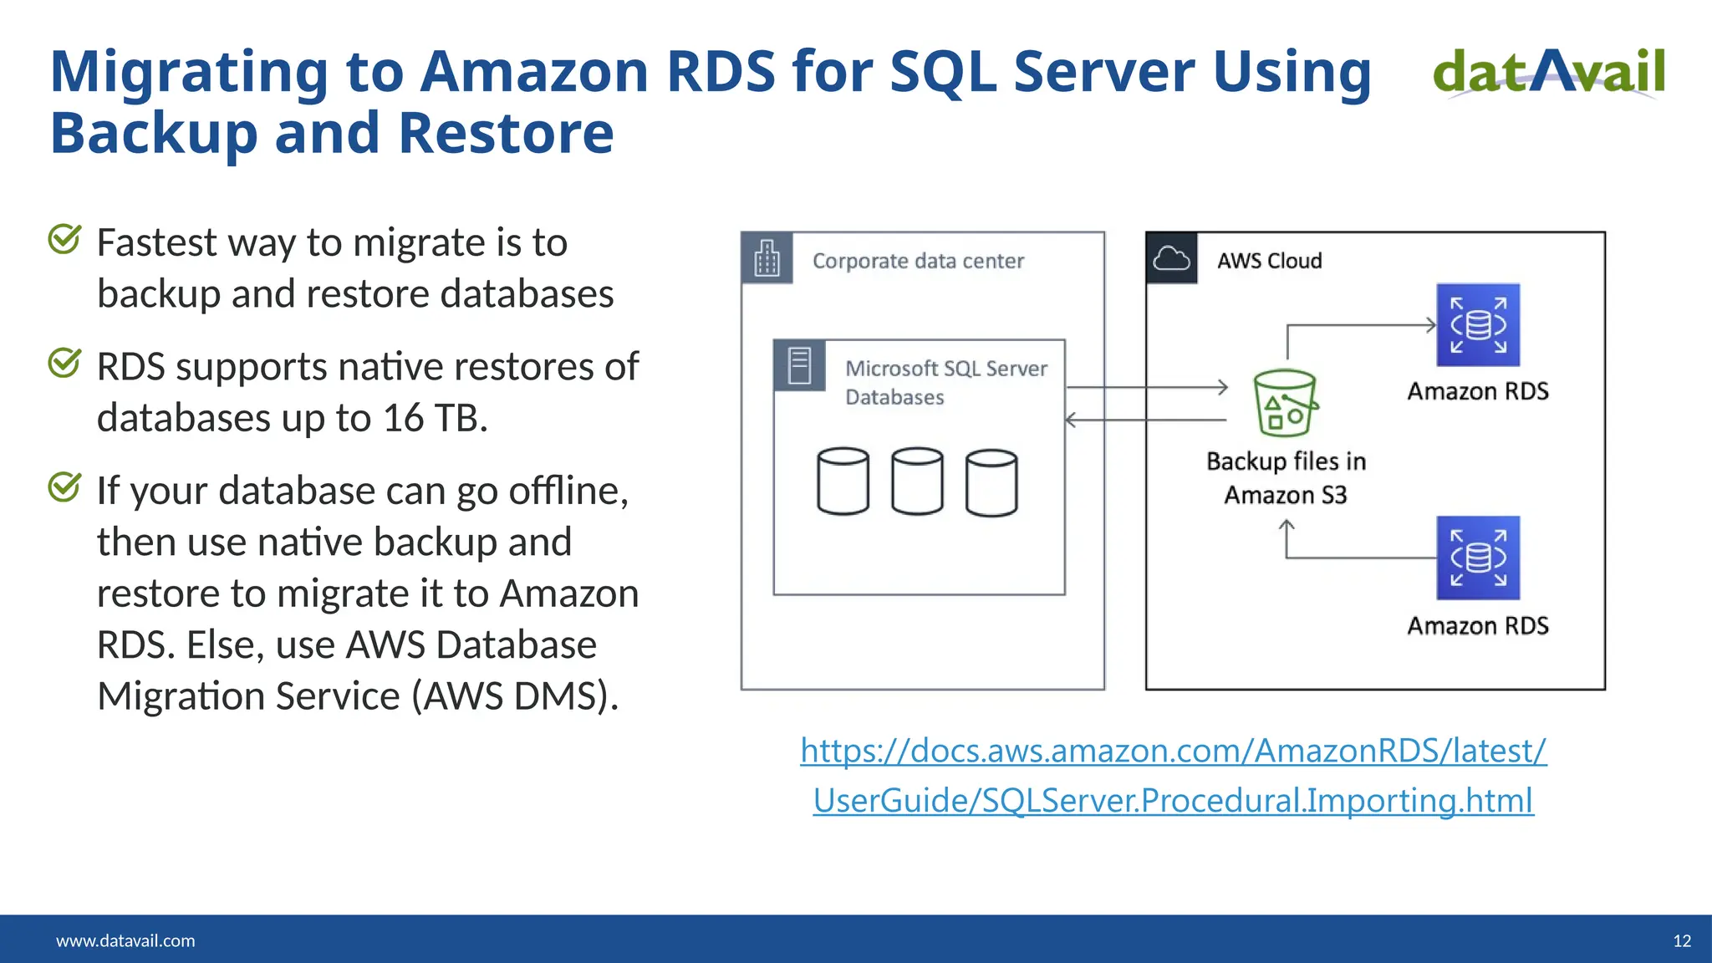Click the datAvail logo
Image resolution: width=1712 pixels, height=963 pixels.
[1549, 72]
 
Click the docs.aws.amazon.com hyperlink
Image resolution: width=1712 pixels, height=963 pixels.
[1173, 775]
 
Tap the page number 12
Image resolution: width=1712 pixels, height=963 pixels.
[1682, 940]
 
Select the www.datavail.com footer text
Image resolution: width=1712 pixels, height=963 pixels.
[125, 940]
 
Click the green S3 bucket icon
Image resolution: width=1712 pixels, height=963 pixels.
[1285, 403]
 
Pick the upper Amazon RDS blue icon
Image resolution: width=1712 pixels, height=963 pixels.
[1478, 325]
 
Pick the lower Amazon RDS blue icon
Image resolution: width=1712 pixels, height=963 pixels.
[1478, 558]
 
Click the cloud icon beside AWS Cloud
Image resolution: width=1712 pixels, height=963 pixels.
[1171, 259]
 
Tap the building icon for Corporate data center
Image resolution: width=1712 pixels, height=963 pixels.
[767, 258]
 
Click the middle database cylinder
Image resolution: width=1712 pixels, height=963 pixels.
[917, 481]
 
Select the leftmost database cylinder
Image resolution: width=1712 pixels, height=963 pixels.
[843, 481]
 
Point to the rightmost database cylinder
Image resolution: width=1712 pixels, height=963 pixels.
[991, 483]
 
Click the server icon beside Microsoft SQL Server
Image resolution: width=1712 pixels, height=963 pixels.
[799, 366]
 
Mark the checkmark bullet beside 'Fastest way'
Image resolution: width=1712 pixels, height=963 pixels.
[64, 240]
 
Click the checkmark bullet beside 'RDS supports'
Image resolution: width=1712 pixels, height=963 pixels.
[64, 364]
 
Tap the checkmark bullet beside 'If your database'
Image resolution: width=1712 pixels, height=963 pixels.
[64, 487]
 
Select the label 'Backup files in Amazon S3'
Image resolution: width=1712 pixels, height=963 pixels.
[1286, 478]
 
